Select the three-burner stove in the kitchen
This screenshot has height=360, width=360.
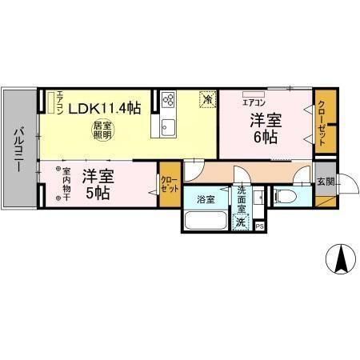pos(169,100)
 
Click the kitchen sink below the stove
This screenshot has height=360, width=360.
pos(169,126)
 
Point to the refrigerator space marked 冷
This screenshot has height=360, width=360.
pos(207,100)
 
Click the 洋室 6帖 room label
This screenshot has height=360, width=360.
pos(266,128)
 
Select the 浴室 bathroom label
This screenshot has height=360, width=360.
pos(206,198)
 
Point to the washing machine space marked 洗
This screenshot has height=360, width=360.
pos(242,224)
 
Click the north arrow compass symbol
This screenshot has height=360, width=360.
pos(339,256)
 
